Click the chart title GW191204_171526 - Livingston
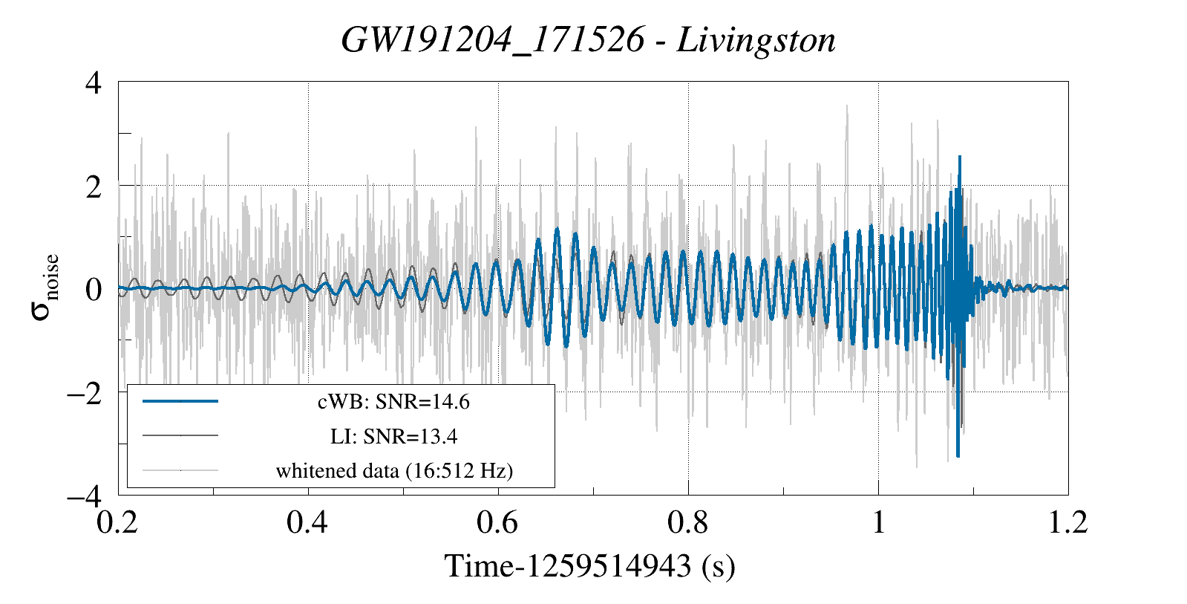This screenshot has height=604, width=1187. pos(588,40)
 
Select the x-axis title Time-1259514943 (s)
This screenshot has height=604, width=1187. pos(589,566)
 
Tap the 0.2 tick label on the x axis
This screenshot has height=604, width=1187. pos(118,523)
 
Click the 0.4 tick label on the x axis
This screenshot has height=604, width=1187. pos(307,523)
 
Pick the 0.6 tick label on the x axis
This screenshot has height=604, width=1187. pos(497,523)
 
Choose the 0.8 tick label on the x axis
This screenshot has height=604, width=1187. pos(687,523)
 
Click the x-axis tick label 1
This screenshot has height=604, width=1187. pos(879,523)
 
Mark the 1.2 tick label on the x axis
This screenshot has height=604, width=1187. pos(1067,523)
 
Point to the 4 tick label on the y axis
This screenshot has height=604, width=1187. pos(93,82)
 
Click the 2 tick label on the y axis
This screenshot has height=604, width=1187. pos(93,186)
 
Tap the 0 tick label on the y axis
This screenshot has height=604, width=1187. pos(93,289)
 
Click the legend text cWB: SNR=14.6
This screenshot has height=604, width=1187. pos(393,402)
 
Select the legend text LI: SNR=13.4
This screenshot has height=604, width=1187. pos(393,436)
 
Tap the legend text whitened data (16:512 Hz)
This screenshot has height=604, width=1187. pos(394,470)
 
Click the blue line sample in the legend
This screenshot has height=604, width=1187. pos(180,401)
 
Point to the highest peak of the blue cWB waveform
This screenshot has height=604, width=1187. pos(960,157)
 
